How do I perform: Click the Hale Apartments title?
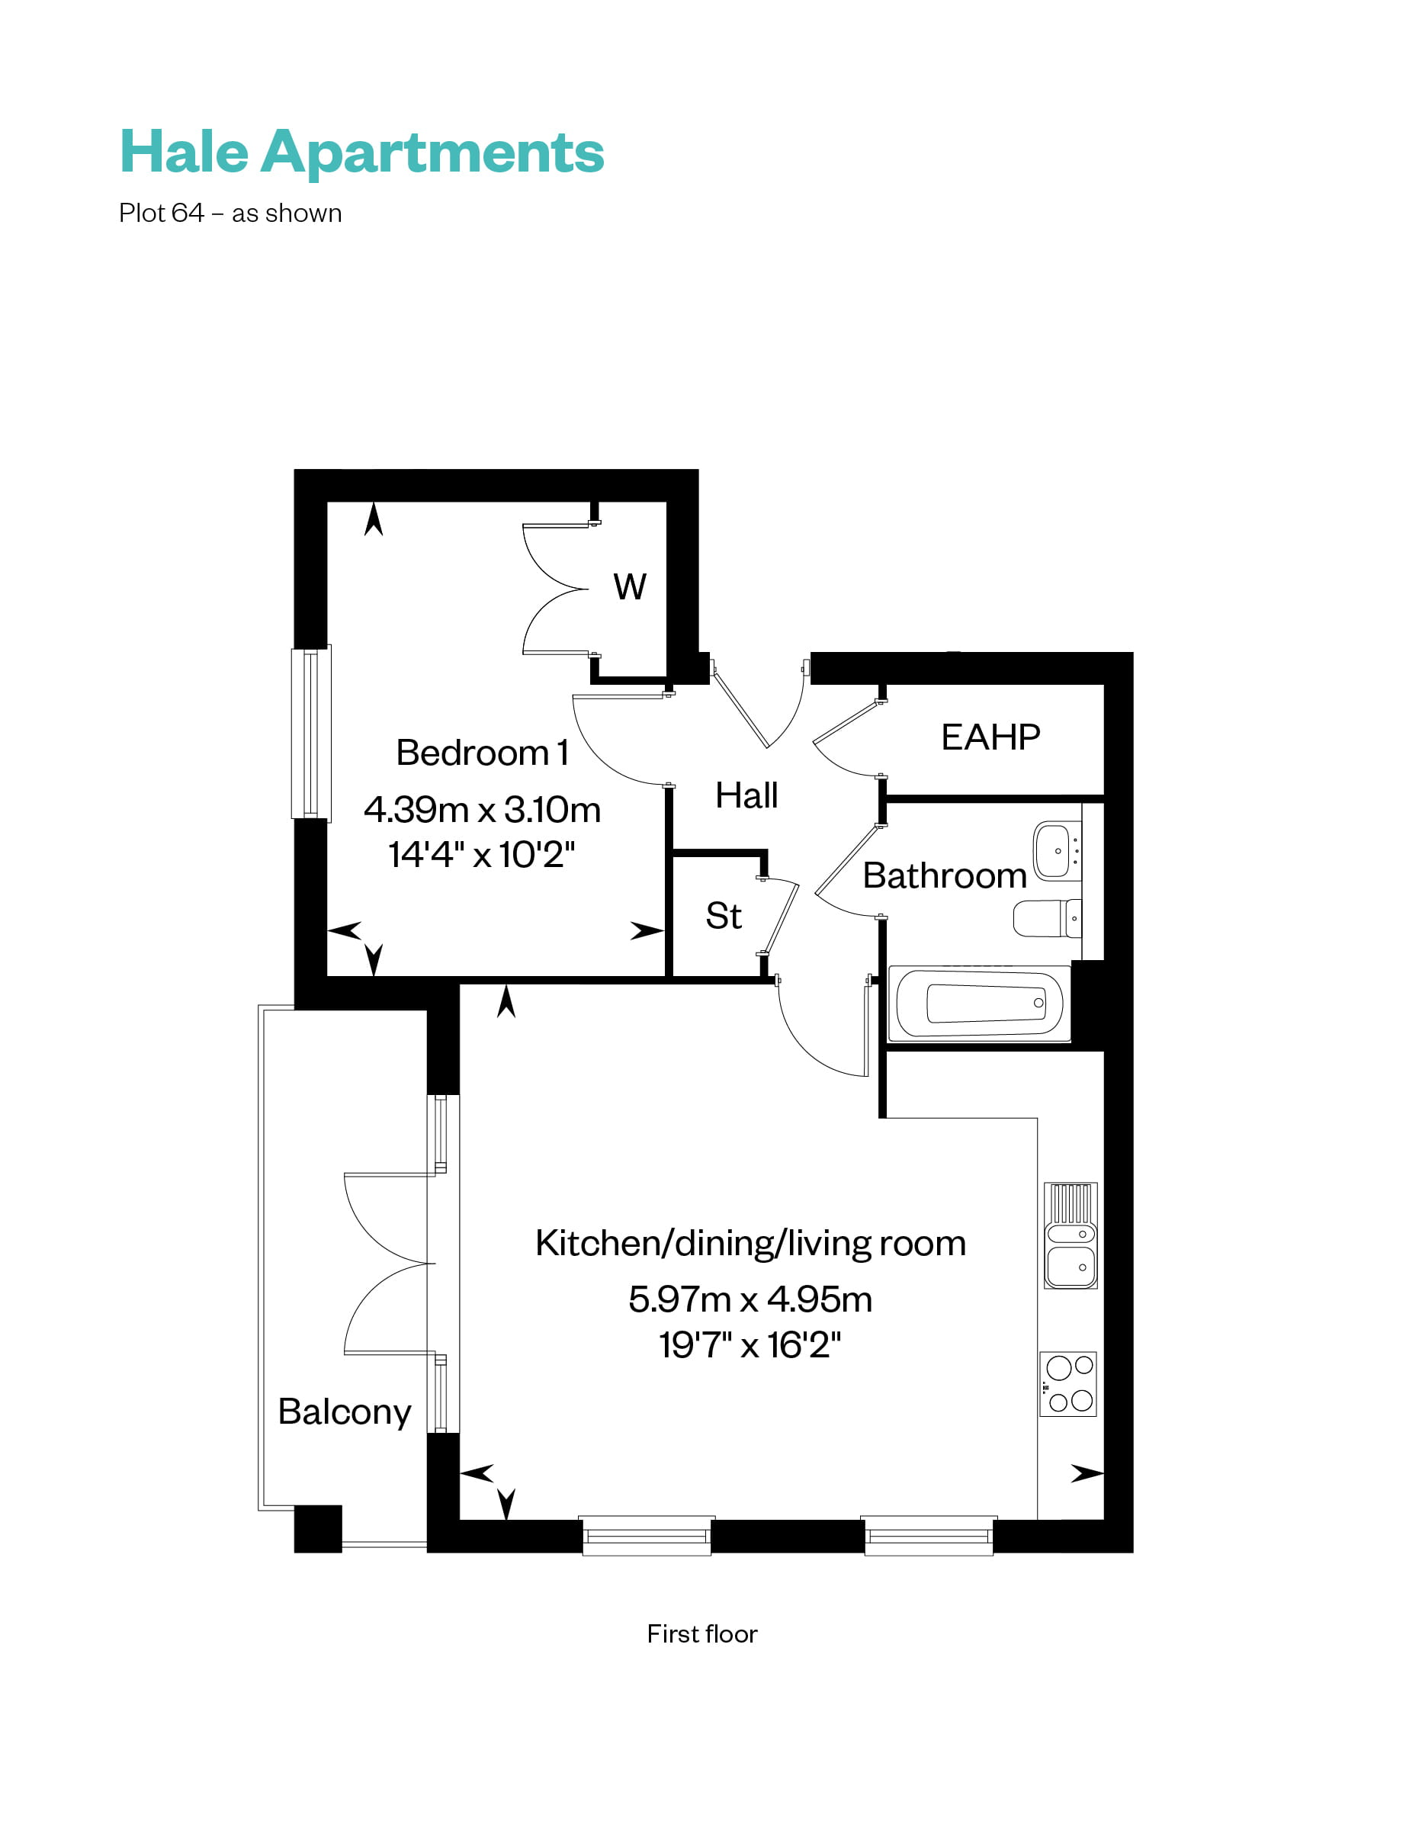[x=361, y=152]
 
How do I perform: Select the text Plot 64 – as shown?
[x=230, y=214]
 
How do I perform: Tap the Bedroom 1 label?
[x=482, y=753]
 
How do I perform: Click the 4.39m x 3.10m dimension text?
[x=482, y=810]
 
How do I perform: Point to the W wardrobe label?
[x=630, y=587]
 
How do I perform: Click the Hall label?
[x=746, y=795]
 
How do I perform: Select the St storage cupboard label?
[x=723, y=916]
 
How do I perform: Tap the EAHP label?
[x=990, y=737]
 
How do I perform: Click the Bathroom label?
[x=944, y=875]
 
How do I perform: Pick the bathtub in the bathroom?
[x=979, y=1003]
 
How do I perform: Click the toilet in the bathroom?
[x=1047, y=918]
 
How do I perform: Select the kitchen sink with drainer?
[x=1071, y=1235]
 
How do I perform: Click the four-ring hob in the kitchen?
[x=1068, y=1384]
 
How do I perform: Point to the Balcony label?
[x=345, y=1412]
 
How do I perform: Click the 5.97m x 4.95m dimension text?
[x=750, y=1299]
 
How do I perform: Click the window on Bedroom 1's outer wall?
[x=310, y=733]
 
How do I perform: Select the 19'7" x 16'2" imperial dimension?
[x=750, y=1345]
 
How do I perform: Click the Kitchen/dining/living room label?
[x=750, y=1243]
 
